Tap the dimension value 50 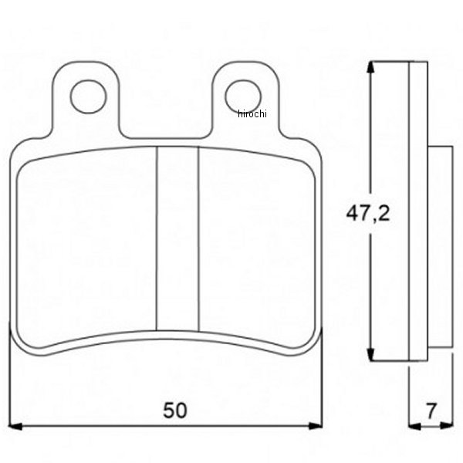(x=175, y=411)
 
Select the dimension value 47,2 (x=368, y=214)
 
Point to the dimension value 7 (x=431, y=411)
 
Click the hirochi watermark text (x=252, y=113)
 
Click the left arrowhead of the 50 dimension (x=15, y=426)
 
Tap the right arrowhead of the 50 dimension (x=316, y=426)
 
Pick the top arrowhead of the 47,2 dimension (x=370, y=67)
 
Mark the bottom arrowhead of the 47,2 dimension (x=370, y=355)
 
